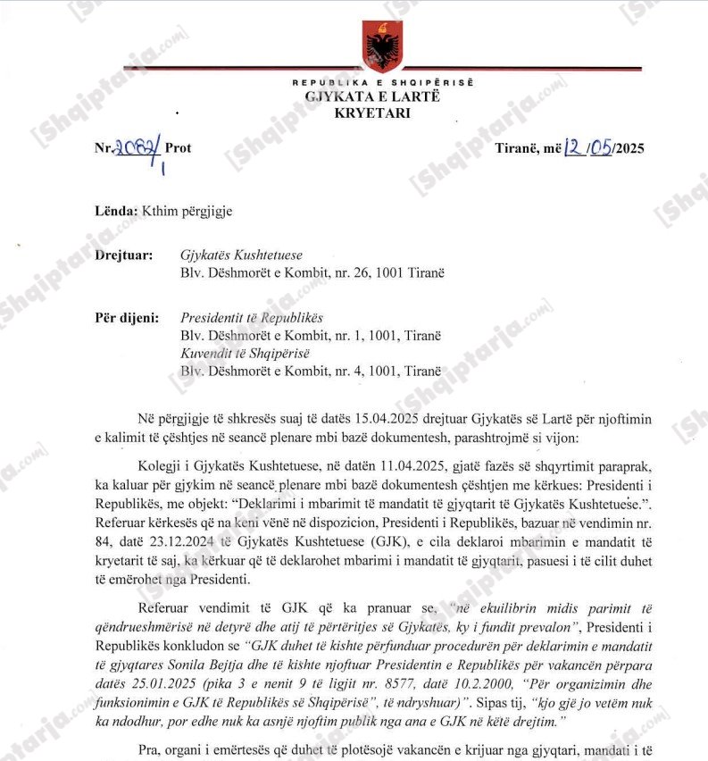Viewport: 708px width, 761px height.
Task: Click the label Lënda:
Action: [117, 212]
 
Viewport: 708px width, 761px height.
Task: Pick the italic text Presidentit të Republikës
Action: [252, 317]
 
